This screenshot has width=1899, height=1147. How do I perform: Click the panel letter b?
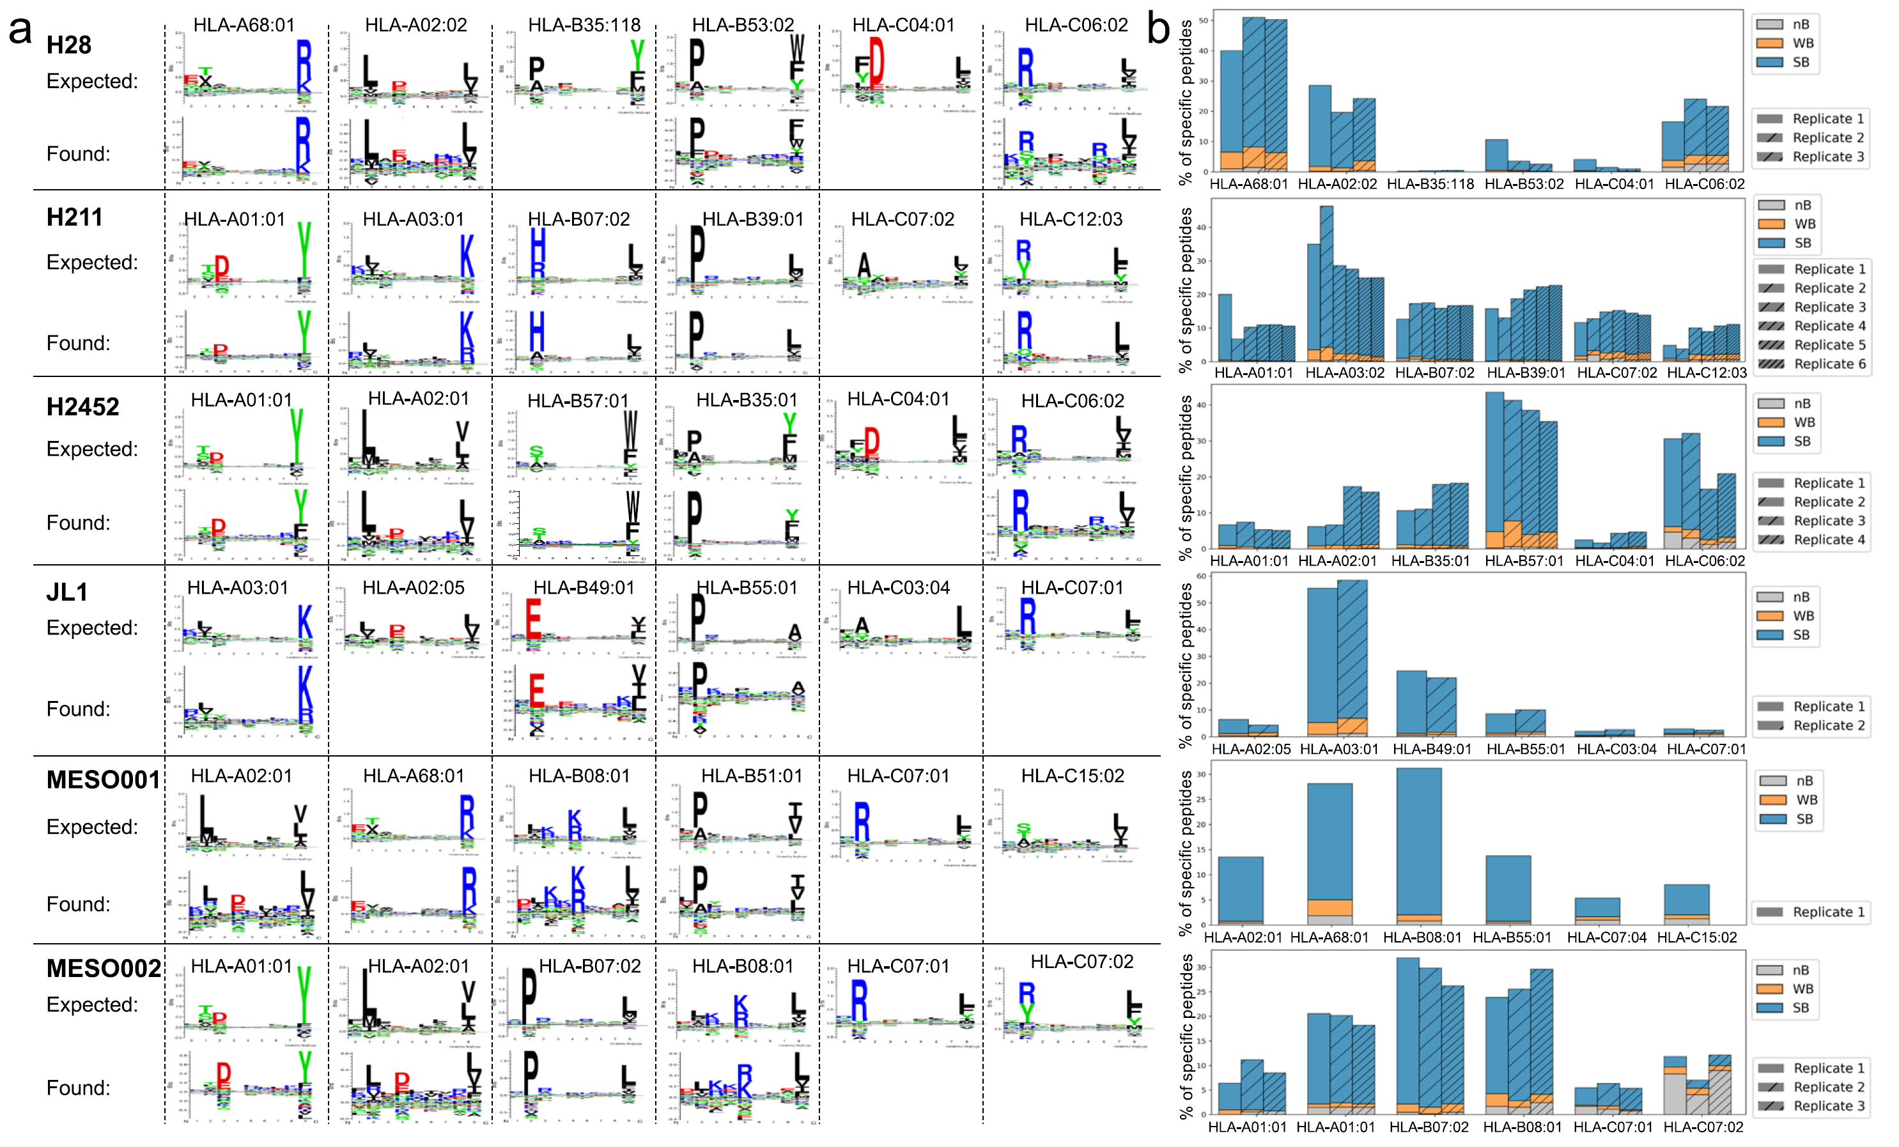[x=1158, y=29]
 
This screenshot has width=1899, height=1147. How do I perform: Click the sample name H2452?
[x=82, y=407]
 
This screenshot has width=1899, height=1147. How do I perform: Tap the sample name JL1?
[x=67, y=592]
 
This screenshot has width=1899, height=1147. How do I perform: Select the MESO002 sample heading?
[x=104, y=968]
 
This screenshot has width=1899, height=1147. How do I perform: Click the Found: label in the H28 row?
[x=78, y=154]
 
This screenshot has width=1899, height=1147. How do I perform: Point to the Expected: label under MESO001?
[x=91, y=827]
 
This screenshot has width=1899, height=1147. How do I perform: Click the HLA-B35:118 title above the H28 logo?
[x=584, y=26]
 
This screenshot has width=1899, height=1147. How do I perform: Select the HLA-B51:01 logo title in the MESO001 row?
[x=752, y=776]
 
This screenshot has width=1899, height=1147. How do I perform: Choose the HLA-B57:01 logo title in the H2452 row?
[x=577, y=401]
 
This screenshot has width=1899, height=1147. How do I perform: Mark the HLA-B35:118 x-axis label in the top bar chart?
[x=1430, y=184]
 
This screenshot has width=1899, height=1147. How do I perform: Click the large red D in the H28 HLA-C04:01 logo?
[x=876, y=60]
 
